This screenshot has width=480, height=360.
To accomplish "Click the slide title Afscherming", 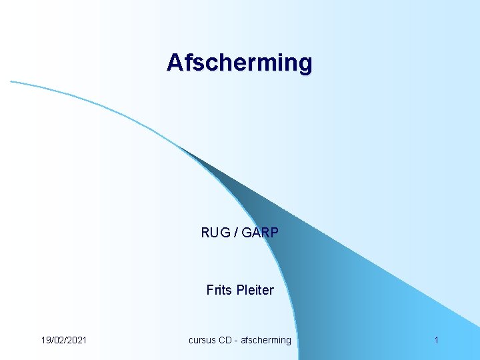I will click(x=239, y=63).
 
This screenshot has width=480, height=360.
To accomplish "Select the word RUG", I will click(x=214, y=233).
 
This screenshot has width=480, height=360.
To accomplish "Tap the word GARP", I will click(x=261, y=233).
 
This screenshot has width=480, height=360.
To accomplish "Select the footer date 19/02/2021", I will click(x=63, y=340).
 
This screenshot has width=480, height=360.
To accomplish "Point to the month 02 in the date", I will click(x=59, y=340).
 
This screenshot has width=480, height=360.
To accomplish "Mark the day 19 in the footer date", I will click(x=46, y=340).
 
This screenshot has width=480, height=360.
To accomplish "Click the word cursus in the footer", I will click(x=203, y=340).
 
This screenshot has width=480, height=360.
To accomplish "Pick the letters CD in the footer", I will click(x=227, y=340).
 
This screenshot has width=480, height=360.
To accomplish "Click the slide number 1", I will click(x=436, y=340).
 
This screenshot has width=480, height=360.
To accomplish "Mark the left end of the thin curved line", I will click(x=12, y=82).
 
